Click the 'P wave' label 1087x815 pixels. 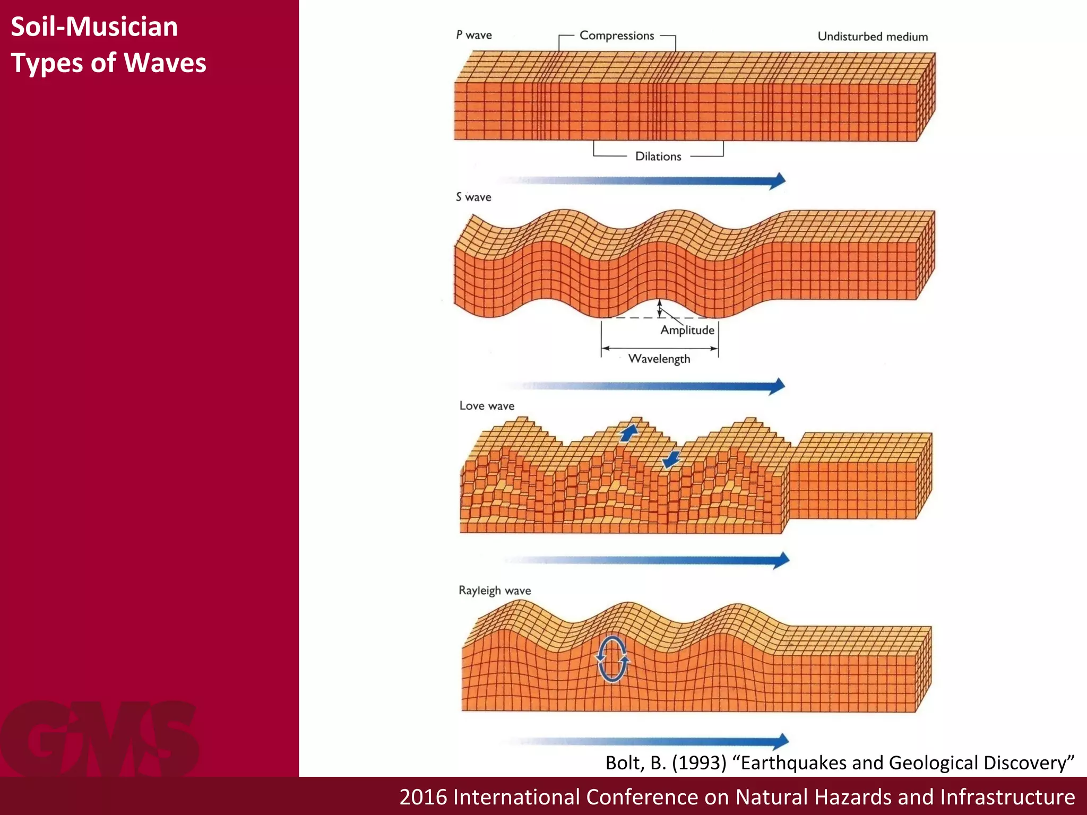(473, 35)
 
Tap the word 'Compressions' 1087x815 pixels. (617, 36)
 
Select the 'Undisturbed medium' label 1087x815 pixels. (873, 37)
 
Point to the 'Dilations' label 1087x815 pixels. (658, 157)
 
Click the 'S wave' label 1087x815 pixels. (473, 197)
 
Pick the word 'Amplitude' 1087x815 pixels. (687, 330)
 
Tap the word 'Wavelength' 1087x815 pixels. (659, 359)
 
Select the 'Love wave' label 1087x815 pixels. (487, 406)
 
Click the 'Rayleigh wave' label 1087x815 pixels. (495, 591)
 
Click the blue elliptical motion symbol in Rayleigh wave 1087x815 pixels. (612, 658)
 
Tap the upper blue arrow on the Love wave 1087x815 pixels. (629, 432)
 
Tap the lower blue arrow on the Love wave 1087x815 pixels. (671, 459)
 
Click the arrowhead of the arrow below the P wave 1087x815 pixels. (778, 180)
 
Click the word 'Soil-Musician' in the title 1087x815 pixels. (94, 27)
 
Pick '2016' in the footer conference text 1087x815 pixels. (423, 797)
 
